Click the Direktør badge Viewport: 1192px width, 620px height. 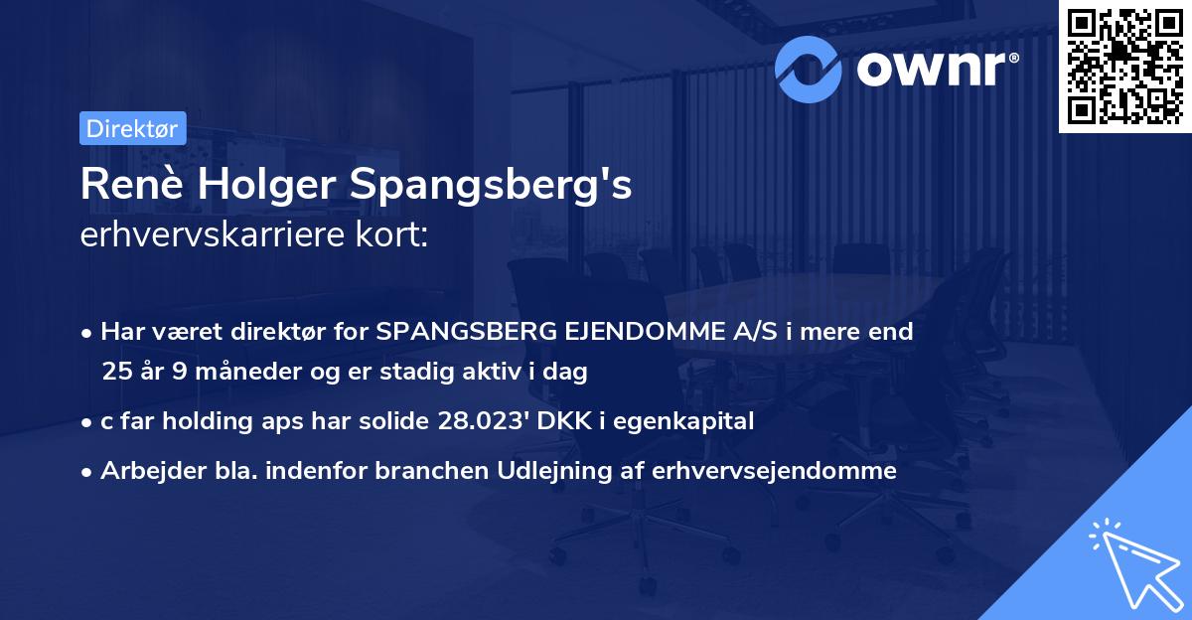coord(131,128)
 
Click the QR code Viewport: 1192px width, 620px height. coord(1124,67)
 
